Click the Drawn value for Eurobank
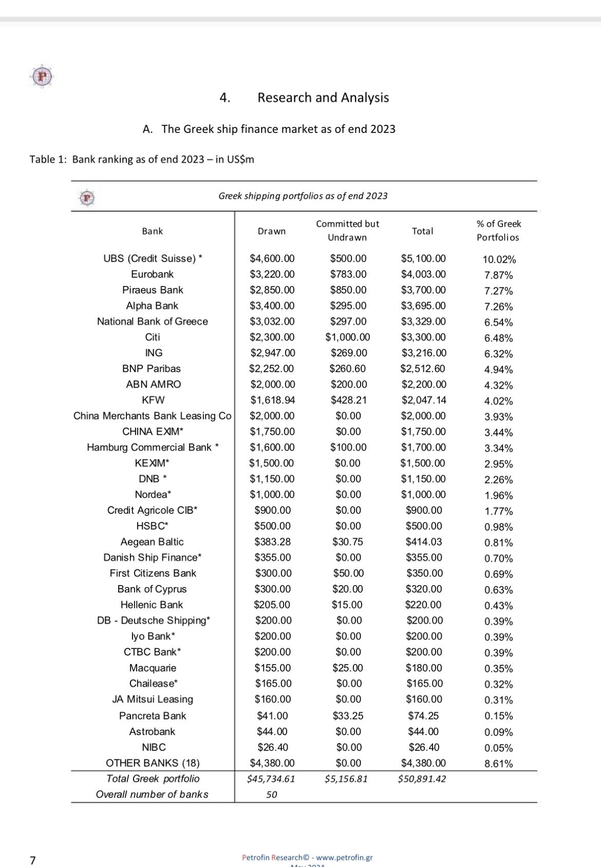click(x=272, y=274)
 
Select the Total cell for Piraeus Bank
click(x=423, y=290)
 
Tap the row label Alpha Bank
click(x=152, y=306)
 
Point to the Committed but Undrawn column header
click(x=348, y=230)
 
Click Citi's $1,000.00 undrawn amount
click(x=348, y=337)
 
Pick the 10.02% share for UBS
click(x=499, y=260)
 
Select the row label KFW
click(x=153, y=400)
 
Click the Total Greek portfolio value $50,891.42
click(x=422, y=779)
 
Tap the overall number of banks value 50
click(x=272, y=795)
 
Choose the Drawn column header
click(x=272, y=232)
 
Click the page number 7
click(x=33, y=860)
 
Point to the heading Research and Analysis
click(x=323, y=98)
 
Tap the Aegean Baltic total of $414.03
click(x=424, y=542)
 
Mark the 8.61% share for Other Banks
click(x=499, y=764)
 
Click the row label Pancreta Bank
click(x=153, y=716)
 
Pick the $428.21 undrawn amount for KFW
click(x=348, y=400)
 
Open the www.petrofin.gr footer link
click(x=344, y=857)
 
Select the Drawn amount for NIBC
click(x=272, y=747)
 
